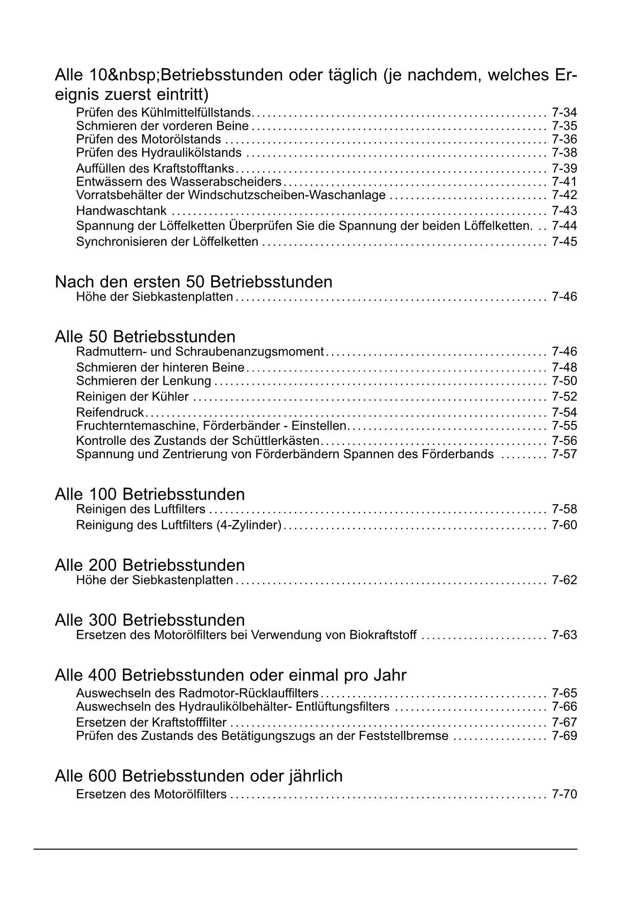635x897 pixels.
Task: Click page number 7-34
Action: [x=564, y=113]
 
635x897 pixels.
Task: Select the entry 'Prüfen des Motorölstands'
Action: [x=148, y=140]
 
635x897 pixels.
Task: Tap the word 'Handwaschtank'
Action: [x=121, y=211]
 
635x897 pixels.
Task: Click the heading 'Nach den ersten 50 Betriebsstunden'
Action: [x=193, y=282]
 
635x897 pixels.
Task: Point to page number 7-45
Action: [x=564, y=241]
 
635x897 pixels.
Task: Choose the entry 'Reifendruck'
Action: [x=110, y=412]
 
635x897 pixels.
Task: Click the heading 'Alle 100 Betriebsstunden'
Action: [x=149, y=494]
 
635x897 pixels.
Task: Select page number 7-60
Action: [x=564, y=525]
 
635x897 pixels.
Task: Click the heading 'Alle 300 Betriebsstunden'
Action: [x=149, y=620]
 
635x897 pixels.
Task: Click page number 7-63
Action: [x=564, y=635]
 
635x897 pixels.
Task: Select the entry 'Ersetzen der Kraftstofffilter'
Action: [x=151, y=723]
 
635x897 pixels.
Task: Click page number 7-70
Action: [x=564, y=794]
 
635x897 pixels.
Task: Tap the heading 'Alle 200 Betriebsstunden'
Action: [x=149, y=565]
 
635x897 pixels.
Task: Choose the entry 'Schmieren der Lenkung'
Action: [x=143, y=381]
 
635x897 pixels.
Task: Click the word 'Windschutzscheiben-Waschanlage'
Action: [x=287, y=195]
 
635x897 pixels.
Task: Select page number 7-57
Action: [x=564, y=454]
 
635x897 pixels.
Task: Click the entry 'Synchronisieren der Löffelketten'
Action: [x=167, y=241]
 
